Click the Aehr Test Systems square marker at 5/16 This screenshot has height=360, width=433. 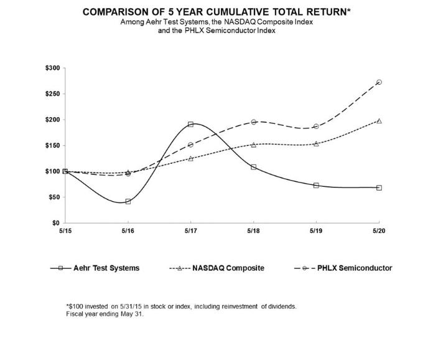128,201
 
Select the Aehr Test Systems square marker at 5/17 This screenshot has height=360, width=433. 191,124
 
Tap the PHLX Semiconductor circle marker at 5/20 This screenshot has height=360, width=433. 379,82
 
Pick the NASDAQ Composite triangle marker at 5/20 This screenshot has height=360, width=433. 379,121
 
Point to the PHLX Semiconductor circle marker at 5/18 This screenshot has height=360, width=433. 254,122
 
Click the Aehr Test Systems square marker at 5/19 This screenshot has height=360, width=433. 316,185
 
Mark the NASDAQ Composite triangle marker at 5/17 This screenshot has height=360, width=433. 191,158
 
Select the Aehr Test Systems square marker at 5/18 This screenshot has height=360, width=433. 254,167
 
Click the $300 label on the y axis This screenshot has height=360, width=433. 52,68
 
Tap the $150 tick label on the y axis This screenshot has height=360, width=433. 52,145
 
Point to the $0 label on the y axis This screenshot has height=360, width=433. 55,222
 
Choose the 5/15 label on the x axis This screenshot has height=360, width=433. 65,230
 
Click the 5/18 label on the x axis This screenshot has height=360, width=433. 254,230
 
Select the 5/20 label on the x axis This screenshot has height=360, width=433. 379,230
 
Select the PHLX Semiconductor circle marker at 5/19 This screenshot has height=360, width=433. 316,126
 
